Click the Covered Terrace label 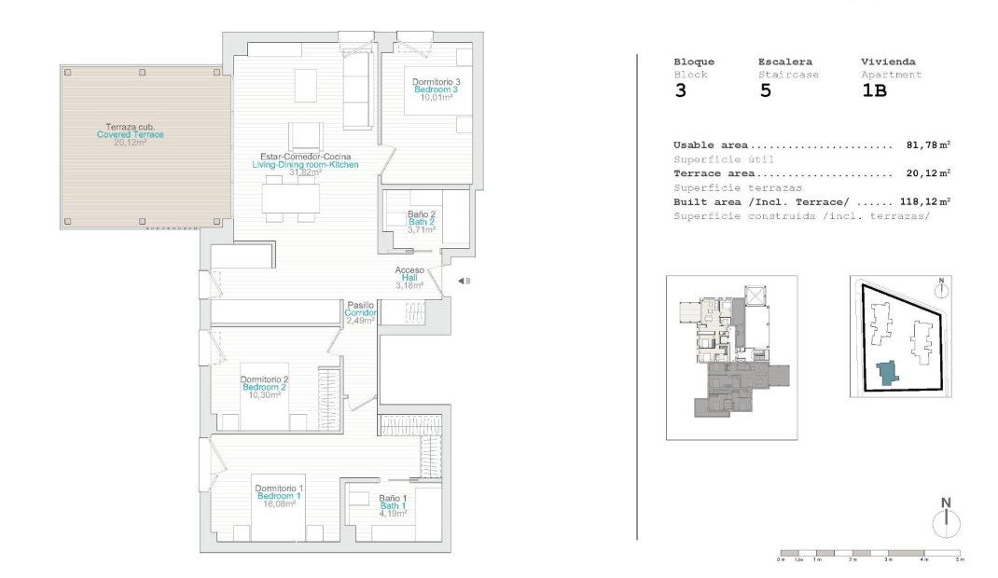click(x=131, y=134)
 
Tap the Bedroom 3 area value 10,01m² click(x=437, y=98)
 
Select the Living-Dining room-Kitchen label click(x=305, y=164)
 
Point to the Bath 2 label click(x=422, y=222)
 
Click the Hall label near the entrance click(x=409, y=278)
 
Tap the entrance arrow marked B click(x=462, y=281)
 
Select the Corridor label click(x=360, y=312)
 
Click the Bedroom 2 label click(x=264, y=387)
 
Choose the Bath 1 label click(x=392, y=505)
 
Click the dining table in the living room click(x=290, y=199)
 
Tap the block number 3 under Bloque click(x=680, y=91)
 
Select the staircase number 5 click(x=765, y=91)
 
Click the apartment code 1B click(x=873, y=91)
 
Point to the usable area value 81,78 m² click(x=927, y=145)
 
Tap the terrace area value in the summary click(x=927, y=173)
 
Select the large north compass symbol click(x=946, y=518)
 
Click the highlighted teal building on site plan click(x=885, y=372)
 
